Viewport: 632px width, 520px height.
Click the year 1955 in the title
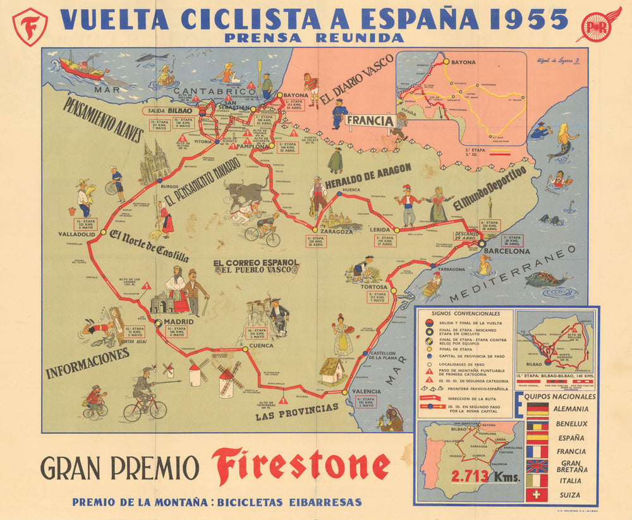coord(514,18)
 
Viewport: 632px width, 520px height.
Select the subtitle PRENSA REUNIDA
coord(314,38)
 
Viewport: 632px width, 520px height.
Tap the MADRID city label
coord(179,321)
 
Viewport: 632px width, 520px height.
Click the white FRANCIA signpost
coord(370,121)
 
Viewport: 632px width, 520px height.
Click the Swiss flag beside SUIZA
coord(537,494)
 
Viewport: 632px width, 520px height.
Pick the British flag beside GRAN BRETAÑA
coord(537,466)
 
